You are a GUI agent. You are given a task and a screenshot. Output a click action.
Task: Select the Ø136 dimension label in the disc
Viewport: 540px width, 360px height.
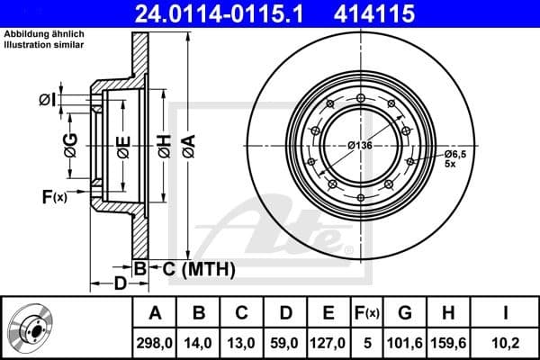[360, 146]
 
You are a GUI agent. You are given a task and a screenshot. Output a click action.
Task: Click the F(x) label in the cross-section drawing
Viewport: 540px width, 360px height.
[54, 197]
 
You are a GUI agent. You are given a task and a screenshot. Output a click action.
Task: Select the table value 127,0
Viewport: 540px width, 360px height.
[328, 341]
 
